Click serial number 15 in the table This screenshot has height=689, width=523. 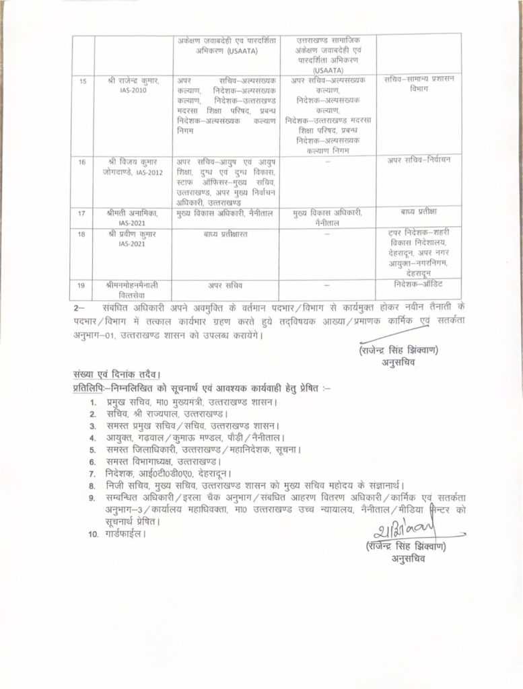pos(83,81)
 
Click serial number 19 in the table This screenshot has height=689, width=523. pos(83,285)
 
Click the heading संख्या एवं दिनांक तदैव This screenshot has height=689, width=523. pos(117,375)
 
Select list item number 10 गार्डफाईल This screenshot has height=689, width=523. pos(119,534)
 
